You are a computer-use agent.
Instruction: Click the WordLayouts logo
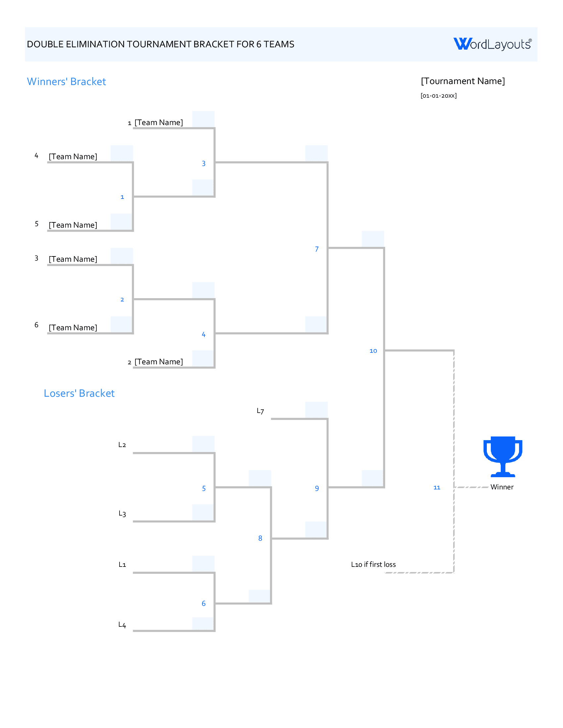pyautogui.click(x=492, y=44)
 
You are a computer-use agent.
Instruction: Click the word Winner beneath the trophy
pyautogui.click(x=502, y=487)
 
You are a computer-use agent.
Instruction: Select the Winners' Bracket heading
pyautogui.click(x=66, y=82)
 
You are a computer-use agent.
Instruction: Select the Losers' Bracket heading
pyautogui.click(x=79, y=393)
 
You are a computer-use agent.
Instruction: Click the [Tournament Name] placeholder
pyautogui.click(x=463, y=81)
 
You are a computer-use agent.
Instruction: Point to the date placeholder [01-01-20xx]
pyautogui.click(x=438, y=96)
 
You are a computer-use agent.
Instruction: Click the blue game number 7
pyautogui.click(x=317, y=249)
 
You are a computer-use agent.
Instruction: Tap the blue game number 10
pyautogui.click(x=373, y=351)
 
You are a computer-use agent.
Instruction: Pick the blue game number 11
pyautogui.click(x=436, y=487)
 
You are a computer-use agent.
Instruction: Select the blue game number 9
pyautogui.click(x=317, y=488)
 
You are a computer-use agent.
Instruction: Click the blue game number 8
pyautogui.click(x=260, y=538)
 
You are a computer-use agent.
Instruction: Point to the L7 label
pyautogui.click(x=260, y=411)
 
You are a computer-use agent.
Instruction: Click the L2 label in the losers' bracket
pyautogui.click(x=122, y=445)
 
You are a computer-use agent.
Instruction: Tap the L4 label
pyautogui.click(x=122, y=625)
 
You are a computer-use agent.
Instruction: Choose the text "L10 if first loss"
pyautogui.click(x=373, y=564)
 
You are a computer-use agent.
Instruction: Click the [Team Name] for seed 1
pyautogui.click(x=158, y=122)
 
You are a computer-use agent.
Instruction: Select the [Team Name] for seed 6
pyautogui.click(x=73, y=328)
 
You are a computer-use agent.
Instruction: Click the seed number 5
pyautogui.click(x=37, y=224)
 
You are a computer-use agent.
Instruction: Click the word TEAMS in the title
pyautogui.click(x=279, y=44)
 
